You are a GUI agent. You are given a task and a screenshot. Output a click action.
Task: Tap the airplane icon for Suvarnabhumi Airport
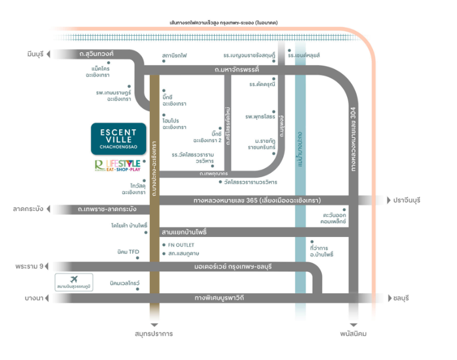point(73,279)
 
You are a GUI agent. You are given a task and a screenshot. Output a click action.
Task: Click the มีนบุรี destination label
point(35,54)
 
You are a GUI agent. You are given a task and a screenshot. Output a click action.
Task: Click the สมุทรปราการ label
point(154,334)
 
